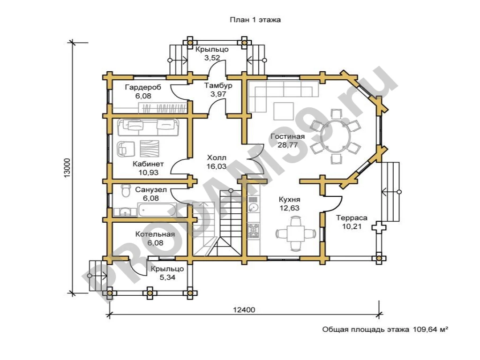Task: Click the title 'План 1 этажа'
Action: (255, 20)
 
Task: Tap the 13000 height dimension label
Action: (67, 167)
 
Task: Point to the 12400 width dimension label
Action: (244, 310)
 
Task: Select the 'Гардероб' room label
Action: (143, 87)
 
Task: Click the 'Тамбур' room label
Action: (218, 85)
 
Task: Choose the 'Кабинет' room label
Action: (148, 164)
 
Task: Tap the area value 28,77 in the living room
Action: (287, 145)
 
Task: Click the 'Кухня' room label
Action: (289, 200)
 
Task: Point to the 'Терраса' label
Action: (352, 218)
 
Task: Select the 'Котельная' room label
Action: (155, 234)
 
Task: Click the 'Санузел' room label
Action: (151, 190)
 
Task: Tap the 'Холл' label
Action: (217, 158)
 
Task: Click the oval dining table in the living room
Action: (336, 136)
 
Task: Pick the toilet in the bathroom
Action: (126, 191)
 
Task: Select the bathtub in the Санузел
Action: (157, 210)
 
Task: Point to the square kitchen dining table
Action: (296, 233)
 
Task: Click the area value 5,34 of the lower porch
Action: (167, 277)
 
